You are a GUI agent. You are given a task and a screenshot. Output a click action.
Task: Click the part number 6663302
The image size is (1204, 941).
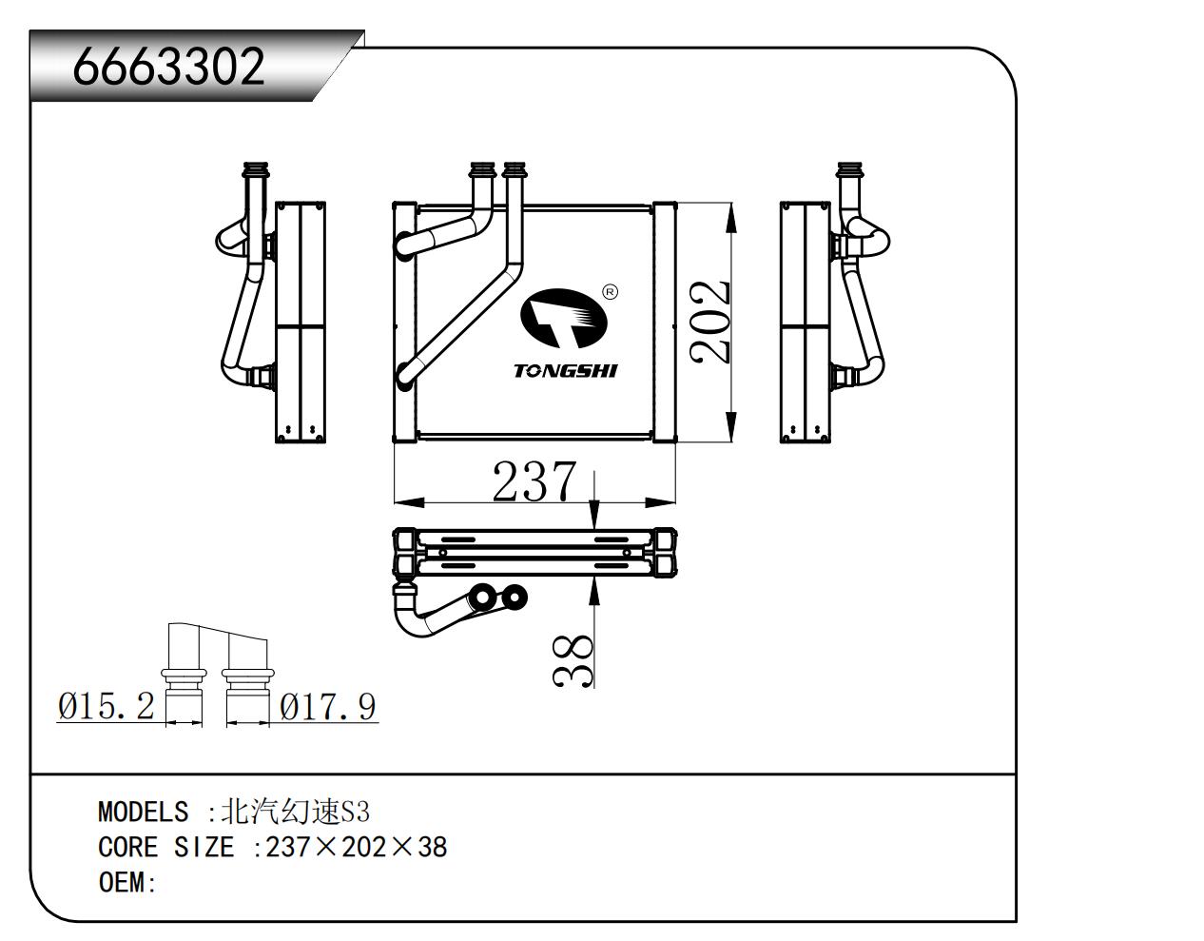click(x=168, y=68)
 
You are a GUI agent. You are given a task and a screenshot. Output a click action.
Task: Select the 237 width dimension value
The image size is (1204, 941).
click(x=534, y=481)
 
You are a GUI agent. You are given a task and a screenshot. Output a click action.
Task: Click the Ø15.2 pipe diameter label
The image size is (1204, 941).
click(x=106, y=706)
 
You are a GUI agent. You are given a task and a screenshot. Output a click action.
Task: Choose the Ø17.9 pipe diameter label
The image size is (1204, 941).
click(x=328, y=706)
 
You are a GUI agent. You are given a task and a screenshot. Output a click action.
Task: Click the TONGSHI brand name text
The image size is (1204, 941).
click(x=565, y=370)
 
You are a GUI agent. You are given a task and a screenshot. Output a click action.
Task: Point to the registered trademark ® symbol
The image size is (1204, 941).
click(x=611, y=291)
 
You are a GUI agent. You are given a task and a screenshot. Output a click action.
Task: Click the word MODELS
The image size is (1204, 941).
click(x=143, y=812)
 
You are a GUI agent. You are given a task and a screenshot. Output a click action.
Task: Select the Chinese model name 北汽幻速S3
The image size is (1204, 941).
click(x=295, y=812)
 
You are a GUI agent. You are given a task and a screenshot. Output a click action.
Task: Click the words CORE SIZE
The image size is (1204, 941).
click(x=165, y=847)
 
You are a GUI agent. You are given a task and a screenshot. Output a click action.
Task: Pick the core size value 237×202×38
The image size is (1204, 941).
click(x=357, y=847)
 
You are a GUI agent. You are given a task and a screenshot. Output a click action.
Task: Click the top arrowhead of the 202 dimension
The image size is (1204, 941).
click(x=730, y=219)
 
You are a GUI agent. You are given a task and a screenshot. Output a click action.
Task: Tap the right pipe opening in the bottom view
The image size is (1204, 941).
click(x=514, y=598)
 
